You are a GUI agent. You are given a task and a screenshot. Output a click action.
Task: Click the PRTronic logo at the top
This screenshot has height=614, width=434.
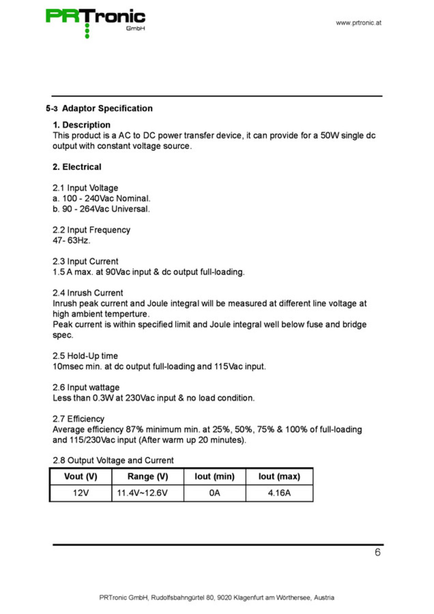point(95,20)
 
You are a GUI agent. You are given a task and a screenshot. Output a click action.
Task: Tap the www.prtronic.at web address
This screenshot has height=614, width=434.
point(358,23)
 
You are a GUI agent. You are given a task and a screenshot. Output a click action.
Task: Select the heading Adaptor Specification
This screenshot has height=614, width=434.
point(107,108)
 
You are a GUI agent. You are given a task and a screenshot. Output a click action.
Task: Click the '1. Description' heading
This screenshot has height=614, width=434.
point(81,125)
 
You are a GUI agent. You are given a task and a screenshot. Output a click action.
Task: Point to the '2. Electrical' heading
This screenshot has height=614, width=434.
point(77,167)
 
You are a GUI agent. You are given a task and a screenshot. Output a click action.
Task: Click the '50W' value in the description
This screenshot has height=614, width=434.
point(329,136)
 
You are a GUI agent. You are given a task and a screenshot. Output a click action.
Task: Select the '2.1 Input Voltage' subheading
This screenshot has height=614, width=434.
point(85,188)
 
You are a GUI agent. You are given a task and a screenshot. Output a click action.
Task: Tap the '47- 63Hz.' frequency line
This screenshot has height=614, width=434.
point(71,240)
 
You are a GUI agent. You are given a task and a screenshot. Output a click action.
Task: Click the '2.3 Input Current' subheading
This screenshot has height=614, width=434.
point(85,261)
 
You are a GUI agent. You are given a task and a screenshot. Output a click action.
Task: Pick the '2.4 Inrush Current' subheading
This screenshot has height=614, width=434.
point(88,293)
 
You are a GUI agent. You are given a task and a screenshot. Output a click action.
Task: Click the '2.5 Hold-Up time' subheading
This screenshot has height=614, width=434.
point(85,356)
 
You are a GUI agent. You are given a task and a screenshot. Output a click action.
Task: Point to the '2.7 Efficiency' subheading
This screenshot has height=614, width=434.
point(78,418)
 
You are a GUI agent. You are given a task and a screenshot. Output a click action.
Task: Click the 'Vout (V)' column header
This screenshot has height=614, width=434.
point(81,476)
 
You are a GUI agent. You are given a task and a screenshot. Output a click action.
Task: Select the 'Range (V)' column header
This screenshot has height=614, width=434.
point(147,476)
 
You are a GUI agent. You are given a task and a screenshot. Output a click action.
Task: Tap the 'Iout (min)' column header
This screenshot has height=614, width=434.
point(214,476)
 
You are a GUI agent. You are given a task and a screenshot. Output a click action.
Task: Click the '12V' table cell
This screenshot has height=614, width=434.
point(81,493)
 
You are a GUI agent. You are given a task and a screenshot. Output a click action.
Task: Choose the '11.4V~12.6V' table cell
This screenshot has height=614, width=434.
point(142,493)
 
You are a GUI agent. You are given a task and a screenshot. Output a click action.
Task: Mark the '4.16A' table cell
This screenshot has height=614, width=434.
point(279,493)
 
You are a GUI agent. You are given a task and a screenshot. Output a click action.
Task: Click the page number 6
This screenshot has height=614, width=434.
point(378,552)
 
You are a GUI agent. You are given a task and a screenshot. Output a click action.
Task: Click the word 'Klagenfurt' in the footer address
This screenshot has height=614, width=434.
point(248,598)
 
